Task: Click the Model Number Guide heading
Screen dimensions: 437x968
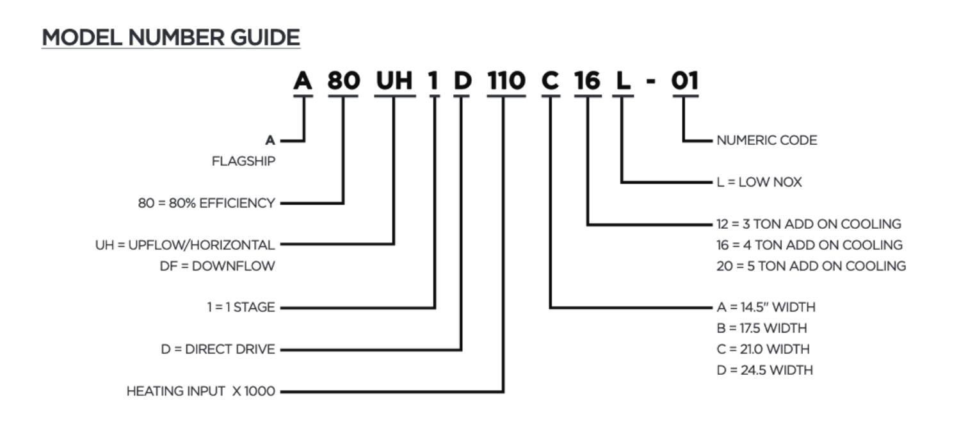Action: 171,38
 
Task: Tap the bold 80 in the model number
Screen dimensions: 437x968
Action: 343,81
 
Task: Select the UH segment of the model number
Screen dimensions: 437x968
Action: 394,81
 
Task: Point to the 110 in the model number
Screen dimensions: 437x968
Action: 506,81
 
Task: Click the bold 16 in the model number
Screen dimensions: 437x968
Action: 587,81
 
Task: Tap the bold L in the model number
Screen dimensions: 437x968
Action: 622,81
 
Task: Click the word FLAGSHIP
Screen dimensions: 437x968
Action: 243,161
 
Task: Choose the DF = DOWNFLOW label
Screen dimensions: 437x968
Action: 217,266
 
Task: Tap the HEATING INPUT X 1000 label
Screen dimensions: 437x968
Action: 200,392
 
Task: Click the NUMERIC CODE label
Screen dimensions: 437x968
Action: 767,140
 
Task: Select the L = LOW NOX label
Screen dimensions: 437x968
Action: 759,183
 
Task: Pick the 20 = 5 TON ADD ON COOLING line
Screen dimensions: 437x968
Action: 811,266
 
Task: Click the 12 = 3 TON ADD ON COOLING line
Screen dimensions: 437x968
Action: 809,224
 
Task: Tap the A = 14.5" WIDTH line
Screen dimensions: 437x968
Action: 766,308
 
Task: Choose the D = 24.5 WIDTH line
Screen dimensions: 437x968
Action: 765,370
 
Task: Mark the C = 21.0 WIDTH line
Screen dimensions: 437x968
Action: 763,350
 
